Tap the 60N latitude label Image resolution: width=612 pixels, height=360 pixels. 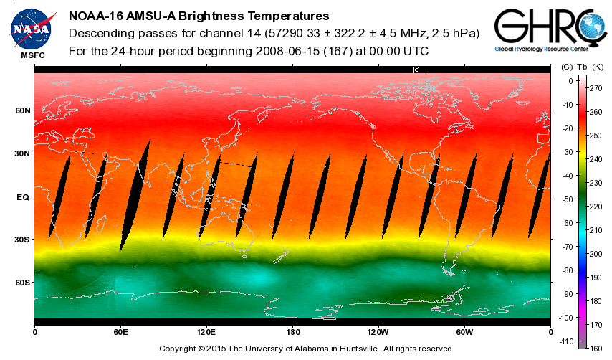[x=24, y=110]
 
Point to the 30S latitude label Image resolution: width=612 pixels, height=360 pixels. [x=24, y=240]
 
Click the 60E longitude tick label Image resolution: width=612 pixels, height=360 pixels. [x=120, y=332]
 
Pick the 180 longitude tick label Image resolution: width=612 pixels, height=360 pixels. [x=292, y=332]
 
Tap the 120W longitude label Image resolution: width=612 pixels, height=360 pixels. [x=378, y=332]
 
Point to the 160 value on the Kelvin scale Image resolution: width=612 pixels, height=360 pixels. [x=596, y=348]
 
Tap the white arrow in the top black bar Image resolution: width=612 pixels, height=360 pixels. [x=420, y=70]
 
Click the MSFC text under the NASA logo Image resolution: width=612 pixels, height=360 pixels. [x=32, y=55]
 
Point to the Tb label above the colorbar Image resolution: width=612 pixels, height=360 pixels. [x=581, y=67]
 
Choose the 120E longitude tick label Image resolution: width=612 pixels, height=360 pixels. [x=206, y=332]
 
